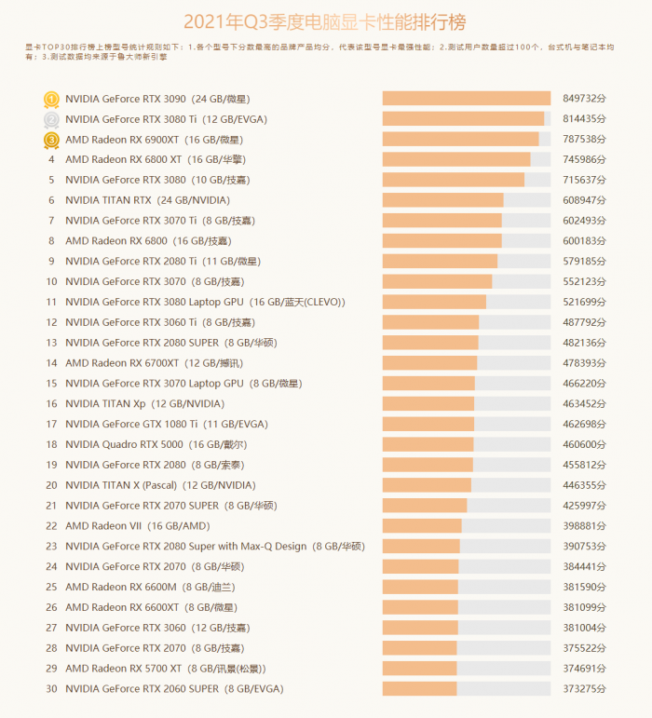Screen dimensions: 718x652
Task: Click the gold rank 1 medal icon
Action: [x=51, y=99]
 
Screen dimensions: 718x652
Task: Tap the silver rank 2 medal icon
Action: [x=51, y=119]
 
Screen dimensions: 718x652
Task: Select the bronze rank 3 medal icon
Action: [x=51, y=140]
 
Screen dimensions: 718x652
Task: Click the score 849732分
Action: [x=585, y=99]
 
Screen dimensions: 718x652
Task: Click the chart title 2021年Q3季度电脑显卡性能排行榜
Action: [x=324, y=21]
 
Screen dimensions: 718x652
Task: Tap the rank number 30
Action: [x=51, y=689]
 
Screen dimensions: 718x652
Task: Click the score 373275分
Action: [x=585, y=689]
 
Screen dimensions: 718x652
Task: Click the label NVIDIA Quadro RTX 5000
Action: [x=124, y=444]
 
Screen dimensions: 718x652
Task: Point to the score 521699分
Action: [x=585, y=302]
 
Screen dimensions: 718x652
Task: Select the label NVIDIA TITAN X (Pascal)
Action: [x=121, y=485]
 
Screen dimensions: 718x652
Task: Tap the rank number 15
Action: [x=51, y=384]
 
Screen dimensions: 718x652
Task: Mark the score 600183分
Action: [x=585, y=241]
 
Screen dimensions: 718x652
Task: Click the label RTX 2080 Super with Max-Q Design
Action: [x=185, y=547]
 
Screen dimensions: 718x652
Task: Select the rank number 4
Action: [x=51, y=159]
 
